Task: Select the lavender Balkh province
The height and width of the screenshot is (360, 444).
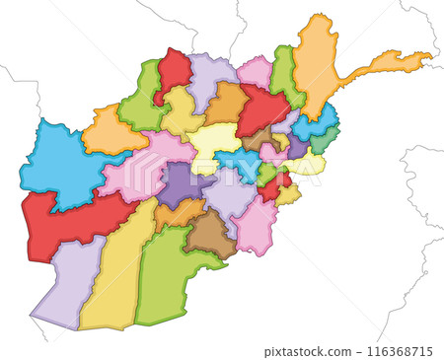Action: (x=210, y=77)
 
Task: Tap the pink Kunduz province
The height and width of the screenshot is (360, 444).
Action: (x=255, y=71)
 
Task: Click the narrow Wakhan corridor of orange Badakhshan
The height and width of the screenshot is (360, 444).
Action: (x=385, y=64)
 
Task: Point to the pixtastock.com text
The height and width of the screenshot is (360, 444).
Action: (x=309, y=351)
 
